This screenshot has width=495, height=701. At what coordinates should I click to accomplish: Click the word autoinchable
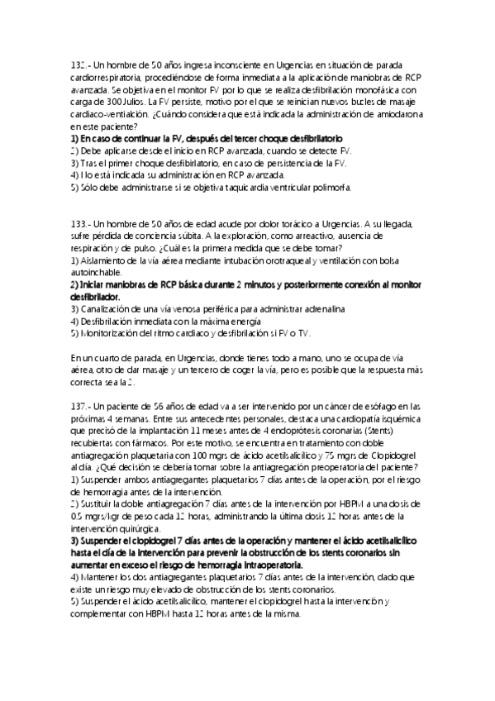[x=98, y=273]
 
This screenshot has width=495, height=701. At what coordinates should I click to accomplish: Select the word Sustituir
[x=101, y=503]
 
